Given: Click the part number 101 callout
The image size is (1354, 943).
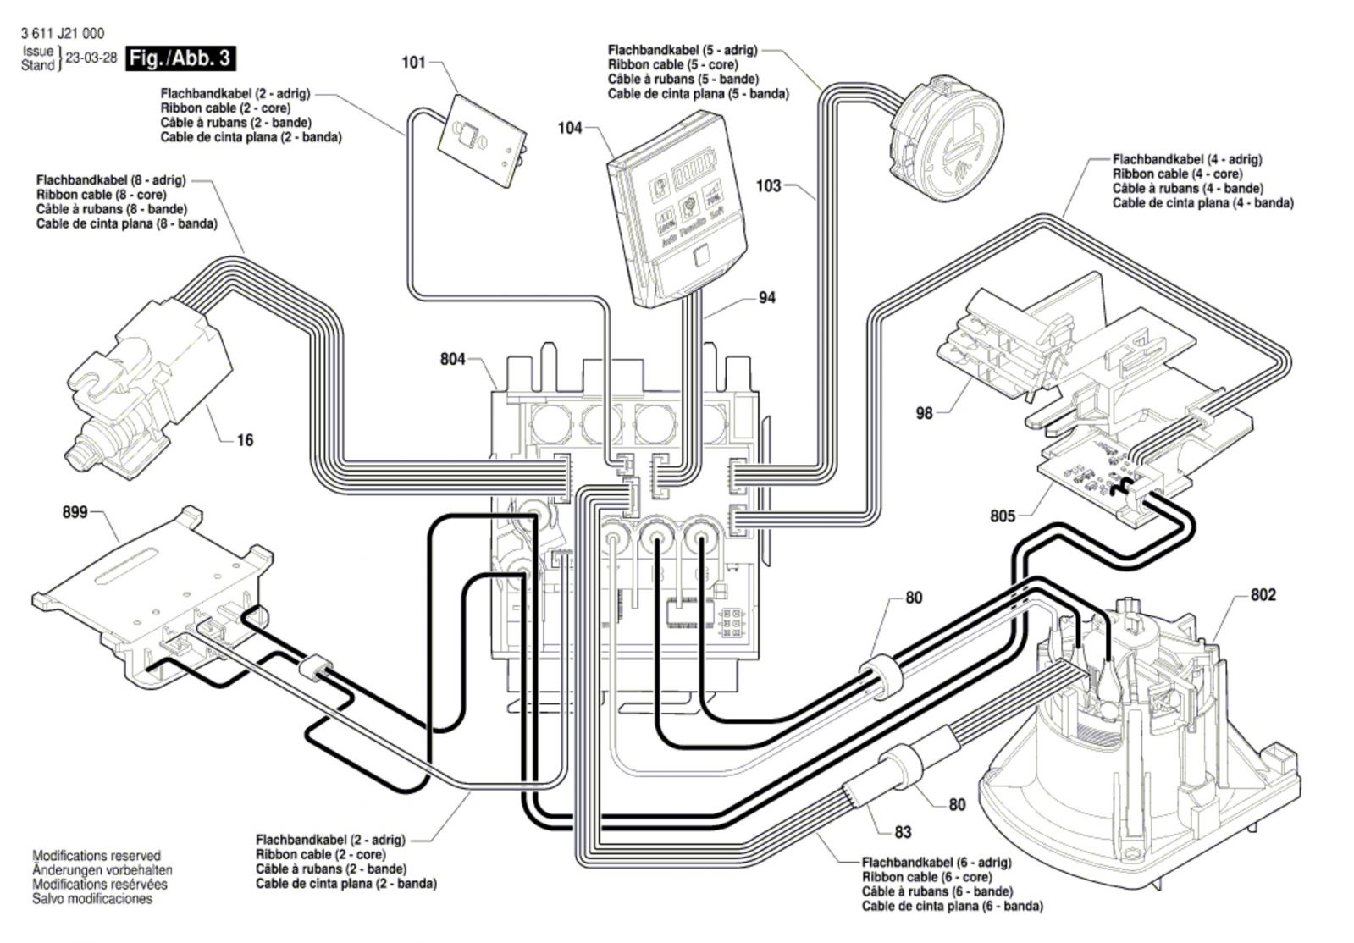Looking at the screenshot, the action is click(x=413, y=63).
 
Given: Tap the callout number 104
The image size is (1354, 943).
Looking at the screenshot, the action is click(x=569, y=128).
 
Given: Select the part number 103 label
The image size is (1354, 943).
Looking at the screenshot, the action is click(x=768, y=186).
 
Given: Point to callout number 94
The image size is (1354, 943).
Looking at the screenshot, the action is click(x=767, y=298).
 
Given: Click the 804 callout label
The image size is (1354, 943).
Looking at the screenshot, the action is click(x=453, y=360).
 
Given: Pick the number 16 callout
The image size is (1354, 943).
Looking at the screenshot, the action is click(x=245, y=440).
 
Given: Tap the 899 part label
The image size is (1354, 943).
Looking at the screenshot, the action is click(x=75, y=512).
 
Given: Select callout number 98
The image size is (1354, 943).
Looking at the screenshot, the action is click(x=924, y=413).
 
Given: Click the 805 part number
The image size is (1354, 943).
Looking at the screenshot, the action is click(x=1003, y=516).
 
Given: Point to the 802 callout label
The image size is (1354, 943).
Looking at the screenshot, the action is click(x=1263, y=595).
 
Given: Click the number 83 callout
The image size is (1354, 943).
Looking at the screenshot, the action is click(x=903, y=832).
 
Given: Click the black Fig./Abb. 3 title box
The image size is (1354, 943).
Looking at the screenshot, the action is click(x=180, y=58).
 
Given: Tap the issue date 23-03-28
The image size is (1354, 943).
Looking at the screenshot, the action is click(x=91, y=58).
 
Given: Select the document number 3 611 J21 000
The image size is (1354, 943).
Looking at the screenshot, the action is click(x=63, y=33).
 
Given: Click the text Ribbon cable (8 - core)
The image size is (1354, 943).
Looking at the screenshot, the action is click(x=102, y=195).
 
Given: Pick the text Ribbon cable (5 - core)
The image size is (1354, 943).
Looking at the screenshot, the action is click(x=673, y=64).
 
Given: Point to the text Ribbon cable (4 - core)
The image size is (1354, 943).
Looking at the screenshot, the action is click(x=1178, y=174).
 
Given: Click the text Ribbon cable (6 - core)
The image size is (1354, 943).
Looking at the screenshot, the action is click(x=926, y=876).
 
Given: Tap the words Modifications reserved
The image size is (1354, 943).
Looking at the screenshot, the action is click(x=97, y=856).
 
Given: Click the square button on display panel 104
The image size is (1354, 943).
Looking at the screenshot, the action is click(x=701, y=256).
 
